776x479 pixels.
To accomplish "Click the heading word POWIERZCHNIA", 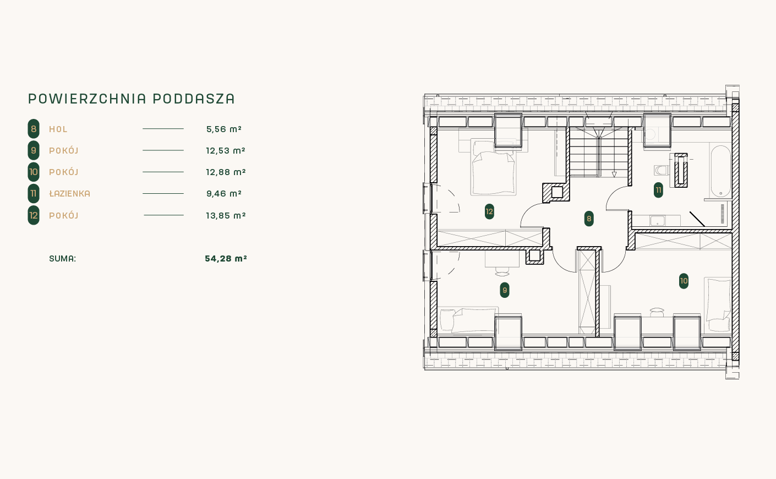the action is pos(87,99).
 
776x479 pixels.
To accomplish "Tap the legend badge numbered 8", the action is pos(34,129).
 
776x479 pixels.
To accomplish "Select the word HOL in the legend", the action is pos(58,129).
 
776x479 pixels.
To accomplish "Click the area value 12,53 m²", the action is pos(226,151).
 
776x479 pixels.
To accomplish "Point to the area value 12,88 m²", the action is pos(226,172).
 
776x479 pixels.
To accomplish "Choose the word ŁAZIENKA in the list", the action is pos(70,194).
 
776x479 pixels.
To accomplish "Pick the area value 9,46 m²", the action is pos(224,194).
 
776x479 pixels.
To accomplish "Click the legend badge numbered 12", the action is pos(34,215).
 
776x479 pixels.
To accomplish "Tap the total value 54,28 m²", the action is pos(226,259).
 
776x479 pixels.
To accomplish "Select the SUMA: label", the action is pos(62,259).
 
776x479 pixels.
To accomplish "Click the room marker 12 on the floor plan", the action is pos(489,211).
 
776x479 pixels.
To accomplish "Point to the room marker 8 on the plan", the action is pos(589,219).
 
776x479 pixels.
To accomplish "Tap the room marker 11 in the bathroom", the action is pos(658,190).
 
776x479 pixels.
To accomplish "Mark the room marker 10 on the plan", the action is pos(684,281).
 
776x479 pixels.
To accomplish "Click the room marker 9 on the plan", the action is pos(504,290).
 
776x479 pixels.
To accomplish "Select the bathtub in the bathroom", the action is pos(720,171).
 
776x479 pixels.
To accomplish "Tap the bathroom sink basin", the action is pos(657,221).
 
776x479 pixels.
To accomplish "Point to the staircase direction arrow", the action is pos(614,175).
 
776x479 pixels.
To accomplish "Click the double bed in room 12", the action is pos(493,167).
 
